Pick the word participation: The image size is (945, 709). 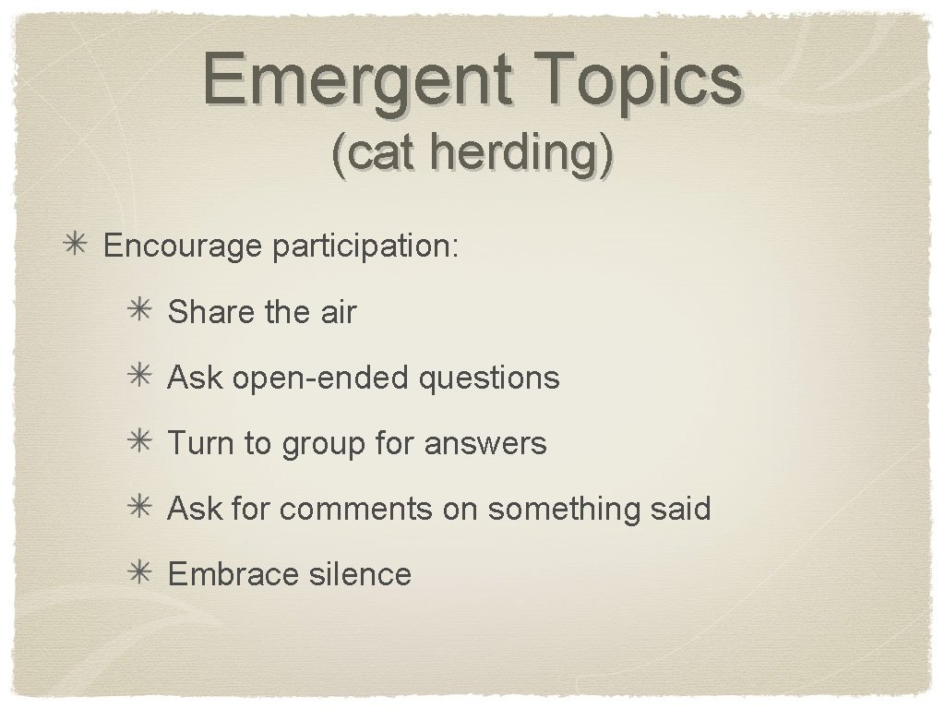click(x=365, y=246)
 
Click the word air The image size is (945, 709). click(x=338, y=312)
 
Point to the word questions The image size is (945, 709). click(x=489, y=378)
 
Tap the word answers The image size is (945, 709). click(x=485, y=443)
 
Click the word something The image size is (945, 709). click(x=567, y=509)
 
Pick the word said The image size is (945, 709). click(x=683, y=509)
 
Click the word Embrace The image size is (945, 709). click(x=221, y=574)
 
